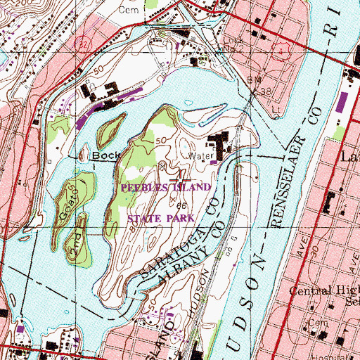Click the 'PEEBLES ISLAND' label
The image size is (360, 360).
tap(166, 188)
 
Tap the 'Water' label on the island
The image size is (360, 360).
tap(195, 157)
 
